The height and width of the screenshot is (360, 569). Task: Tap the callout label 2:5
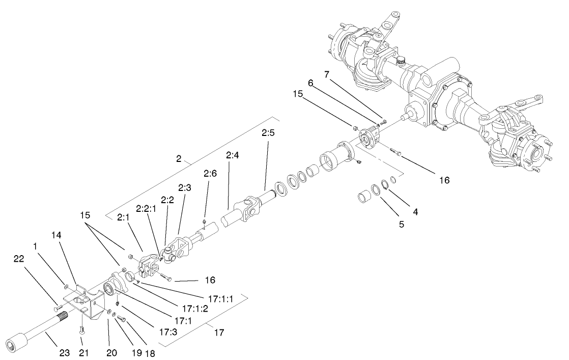pos(268,133)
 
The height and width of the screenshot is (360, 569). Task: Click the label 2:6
pos(210,173)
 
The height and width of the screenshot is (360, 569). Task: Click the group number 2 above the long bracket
pos(179,158)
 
